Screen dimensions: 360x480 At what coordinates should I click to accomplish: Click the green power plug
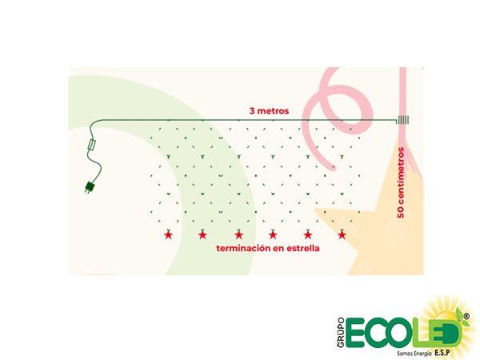click(88, 189)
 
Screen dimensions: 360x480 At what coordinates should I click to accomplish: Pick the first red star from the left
click(168, 234)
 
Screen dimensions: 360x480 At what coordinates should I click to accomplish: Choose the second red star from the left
click(202, 234)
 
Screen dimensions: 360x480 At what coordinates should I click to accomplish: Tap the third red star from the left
click(238, 234)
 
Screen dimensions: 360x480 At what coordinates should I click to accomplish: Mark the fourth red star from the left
click(273, 234)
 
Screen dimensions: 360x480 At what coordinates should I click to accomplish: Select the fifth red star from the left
click(308, 234)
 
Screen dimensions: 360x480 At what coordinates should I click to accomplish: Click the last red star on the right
click(342, 234)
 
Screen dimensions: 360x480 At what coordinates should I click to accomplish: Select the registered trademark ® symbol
click(467, 317)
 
